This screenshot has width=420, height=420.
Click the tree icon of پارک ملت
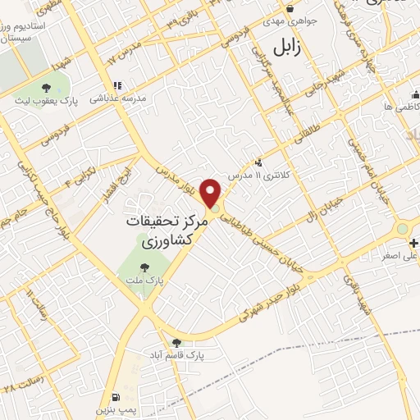[x=144, y=267]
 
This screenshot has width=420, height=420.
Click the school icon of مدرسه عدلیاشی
[x=117, y=85]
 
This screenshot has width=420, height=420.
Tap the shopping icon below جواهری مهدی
[x=290, y=10]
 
